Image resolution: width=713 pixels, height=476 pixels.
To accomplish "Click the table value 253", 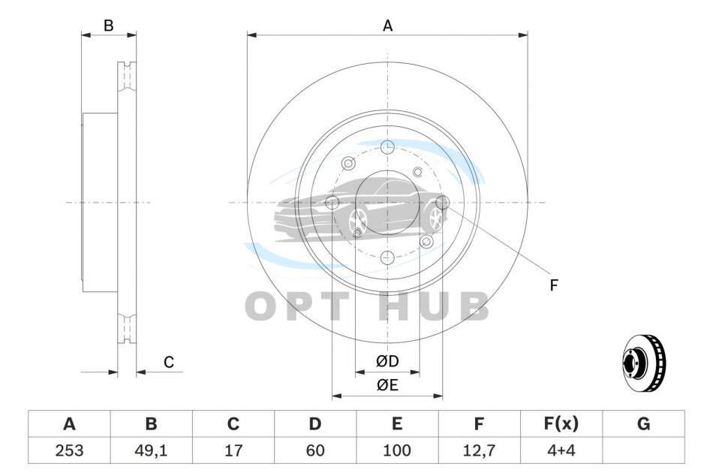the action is (x=69, y=450).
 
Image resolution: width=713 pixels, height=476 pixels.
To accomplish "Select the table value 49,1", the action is (x=151, y=450).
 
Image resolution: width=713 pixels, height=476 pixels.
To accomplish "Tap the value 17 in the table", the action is (x=233, y=450).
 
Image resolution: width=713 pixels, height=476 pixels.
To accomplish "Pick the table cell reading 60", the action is (x=314, y=450).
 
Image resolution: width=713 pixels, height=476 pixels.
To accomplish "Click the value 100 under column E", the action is (x=396, y=450).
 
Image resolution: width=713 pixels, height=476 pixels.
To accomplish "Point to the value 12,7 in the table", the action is (x=479, y=450).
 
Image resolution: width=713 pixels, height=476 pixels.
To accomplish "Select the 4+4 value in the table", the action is (x=561, y=450).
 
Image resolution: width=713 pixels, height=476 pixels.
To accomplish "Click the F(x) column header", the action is (x=561, y=423).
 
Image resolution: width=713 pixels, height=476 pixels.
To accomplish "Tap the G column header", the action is (x=643, y=423).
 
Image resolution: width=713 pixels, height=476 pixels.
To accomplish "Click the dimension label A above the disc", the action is (x=387, y=26).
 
